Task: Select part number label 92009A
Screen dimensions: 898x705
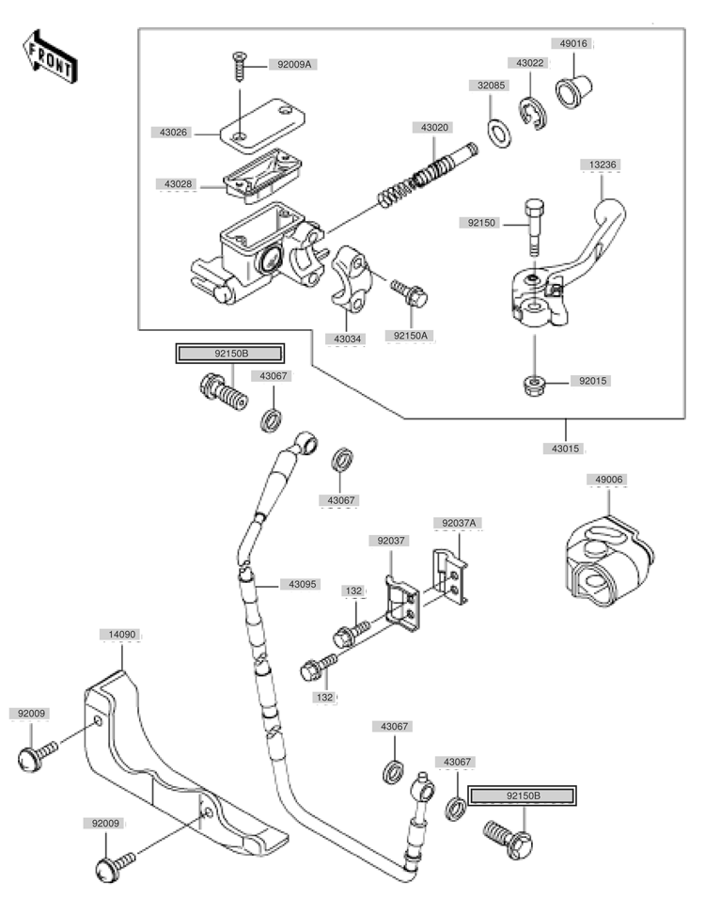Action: [x=291, y=65]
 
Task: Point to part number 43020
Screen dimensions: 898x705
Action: [x=434, y=127]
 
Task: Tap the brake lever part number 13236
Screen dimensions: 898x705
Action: [x=603, y=165]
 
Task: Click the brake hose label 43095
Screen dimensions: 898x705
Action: [x=303, y=584]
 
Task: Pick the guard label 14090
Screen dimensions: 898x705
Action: [x=120, y=636]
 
